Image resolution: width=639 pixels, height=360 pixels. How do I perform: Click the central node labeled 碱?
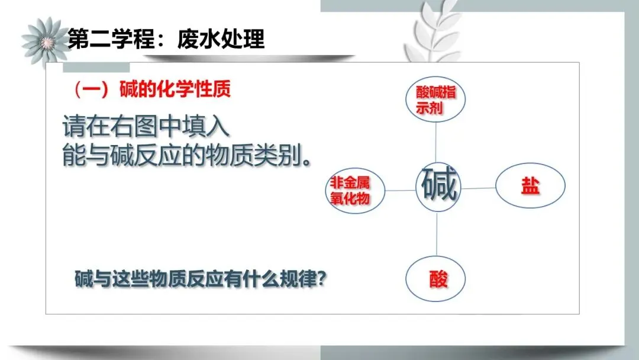coord(438,186)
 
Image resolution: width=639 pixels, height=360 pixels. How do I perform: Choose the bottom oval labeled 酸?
coord(436,279)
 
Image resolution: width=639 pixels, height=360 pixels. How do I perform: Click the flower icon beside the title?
coord(43,40)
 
